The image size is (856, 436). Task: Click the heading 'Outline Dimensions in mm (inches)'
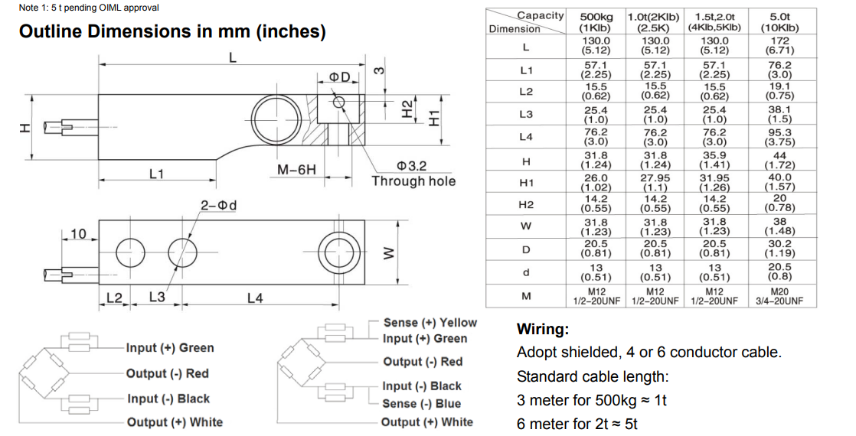click(172, 32)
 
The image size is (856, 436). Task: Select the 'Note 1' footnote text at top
click(89, 8)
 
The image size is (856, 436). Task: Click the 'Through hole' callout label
click(413, 181)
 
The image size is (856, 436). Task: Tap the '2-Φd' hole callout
click(218, 206)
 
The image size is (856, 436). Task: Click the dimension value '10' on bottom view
click(77, 233)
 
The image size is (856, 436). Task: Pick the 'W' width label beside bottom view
click(387, 252)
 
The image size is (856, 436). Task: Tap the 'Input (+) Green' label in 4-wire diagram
click(170, 348)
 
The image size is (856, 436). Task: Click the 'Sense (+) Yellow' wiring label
click(430, 323)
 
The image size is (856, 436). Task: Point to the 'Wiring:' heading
click(543, 330)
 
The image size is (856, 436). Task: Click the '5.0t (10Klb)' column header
click(779, 21)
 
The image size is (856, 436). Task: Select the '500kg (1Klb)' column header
click(596, 21)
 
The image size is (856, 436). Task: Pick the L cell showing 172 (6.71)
click(779, 45)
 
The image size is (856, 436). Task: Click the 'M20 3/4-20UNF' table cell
click(779, 296)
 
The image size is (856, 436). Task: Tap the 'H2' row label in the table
click(525, 204)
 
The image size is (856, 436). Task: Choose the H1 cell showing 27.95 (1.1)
click(655, 182)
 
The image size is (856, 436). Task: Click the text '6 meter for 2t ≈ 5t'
click(577, 424)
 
